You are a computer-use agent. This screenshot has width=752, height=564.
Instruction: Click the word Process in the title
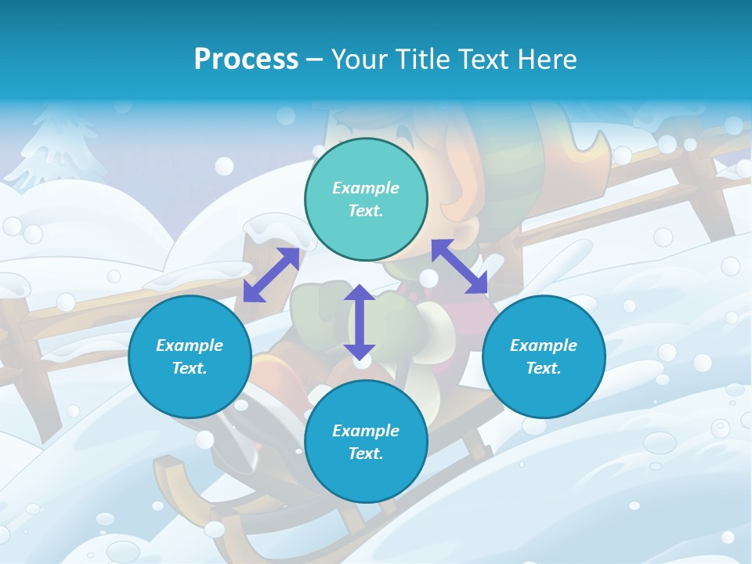(246, 60)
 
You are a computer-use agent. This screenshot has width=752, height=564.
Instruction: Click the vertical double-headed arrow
(360, 322)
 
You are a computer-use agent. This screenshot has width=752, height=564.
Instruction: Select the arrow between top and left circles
(271, 275)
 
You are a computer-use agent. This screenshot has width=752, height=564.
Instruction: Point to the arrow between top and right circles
(459, 266)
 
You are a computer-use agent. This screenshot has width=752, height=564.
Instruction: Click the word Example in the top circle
(366, 188)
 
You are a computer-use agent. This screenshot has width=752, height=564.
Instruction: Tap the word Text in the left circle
(190, 368)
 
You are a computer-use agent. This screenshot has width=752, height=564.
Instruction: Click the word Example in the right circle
(544, 345)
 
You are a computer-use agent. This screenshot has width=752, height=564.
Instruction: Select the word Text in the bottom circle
(366, 454)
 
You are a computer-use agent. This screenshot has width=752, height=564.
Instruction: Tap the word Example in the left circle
(190, 345)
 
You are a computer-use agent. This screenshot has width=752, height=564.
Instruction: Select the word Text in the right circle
(544, 368)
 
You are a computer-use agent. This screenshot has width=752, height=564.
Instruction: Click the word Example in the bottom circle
(366, 431)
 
